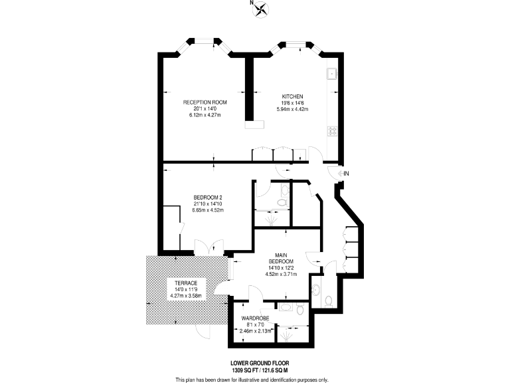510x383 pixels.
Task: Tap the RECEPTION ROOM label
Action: pos(205,102)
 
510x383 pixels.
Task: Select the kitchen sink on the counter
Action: pos(331,73)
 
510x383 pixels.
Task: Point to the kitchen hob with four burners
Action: pos(331,131)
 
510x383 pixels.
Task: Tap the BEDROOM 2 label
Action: pos(207,197)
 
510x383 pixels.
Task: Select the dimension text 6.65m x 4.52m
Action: pos(207,210)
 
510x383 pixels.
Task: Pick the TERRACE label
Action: pos(185,283)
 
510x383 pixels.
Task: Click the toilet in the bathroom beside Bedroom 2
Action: pos(283,201)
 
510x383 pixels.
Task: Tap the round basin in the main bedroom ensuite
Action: pos(316,290)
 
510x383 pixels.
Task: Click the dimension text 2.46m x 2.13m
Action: pos(256,330)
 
